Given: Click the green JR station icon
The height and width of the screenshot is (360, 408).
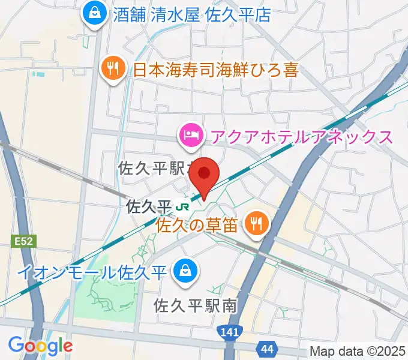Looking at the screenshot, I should pyautogui.click(x=182, y=207).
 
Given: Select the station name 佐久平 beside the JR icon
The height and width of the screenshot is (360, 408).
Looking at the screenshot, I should pyautogui.click(x=149, y=207).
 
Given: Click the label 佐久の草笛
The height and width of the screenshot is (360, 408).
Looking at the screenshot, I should pyautogui.click(x=199, y=226).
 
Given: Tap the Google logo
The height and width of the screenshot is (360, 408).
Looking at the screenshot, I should pyautogui.click(x=40, y=346).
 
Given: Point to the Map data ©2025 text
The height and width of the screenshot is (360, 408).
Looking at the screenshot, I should pyautogui.click(x=356, y=351).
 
